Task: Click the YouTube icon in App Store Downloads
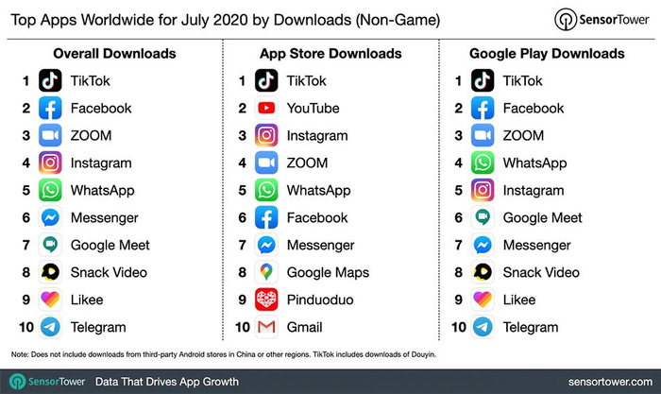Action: (x=267, y=108)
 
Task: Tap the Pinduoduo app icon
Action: (x=267, y=300)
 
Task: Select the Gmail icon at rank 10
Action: (x=267, y=328)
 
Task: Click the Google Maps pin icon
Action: (x=267, y=273)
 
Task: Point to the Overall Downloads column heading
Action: (x=114, y=53)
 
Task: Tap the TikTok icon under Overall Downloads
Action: (x=51, y=80)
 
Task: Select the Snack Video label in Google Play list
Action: (x=541, y=273)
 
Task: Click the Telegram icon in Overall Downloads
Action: (x=51, y=328)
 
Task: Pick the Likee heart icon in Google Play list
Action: (x=483, y=300)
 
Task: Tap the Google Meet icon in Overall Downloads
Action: (x=51, y=246)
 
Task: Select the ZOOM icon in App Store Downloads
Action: (x=267, y=163)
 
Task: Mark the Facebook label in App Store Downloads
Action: (x=317, y=218)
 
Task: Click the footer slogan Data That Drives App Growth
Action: (x=167, y=382)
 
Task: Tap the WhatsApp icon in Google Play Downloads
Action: (x=483, y=163)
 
